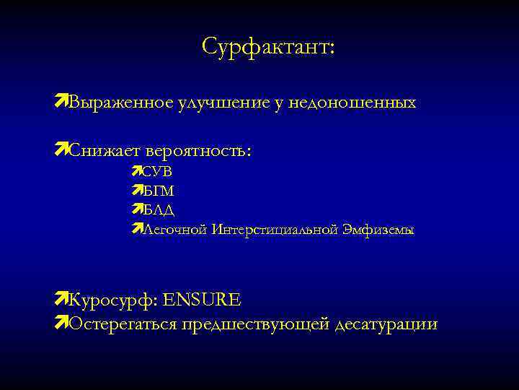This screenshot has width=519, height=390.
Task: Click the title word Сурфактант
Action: (268, 47)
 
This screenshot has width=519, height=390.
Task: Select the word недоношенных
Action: (352, 103)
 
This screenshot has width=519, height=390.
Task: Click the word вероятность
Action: (198, 152)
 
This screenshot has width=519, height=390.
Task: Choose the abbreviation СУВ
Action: (158, 172)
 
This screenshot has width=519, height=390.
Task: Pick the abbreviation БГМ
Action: (159, 191)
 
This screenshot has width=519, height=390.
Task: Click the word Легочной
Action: (174, 230)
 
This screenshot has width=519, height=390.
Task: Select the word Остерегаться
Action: (122, 324)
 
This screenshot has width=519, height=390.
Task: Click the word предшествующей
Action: (256, 324)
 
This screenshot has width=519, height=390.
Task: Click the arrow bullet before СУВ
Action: (138, 171)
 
